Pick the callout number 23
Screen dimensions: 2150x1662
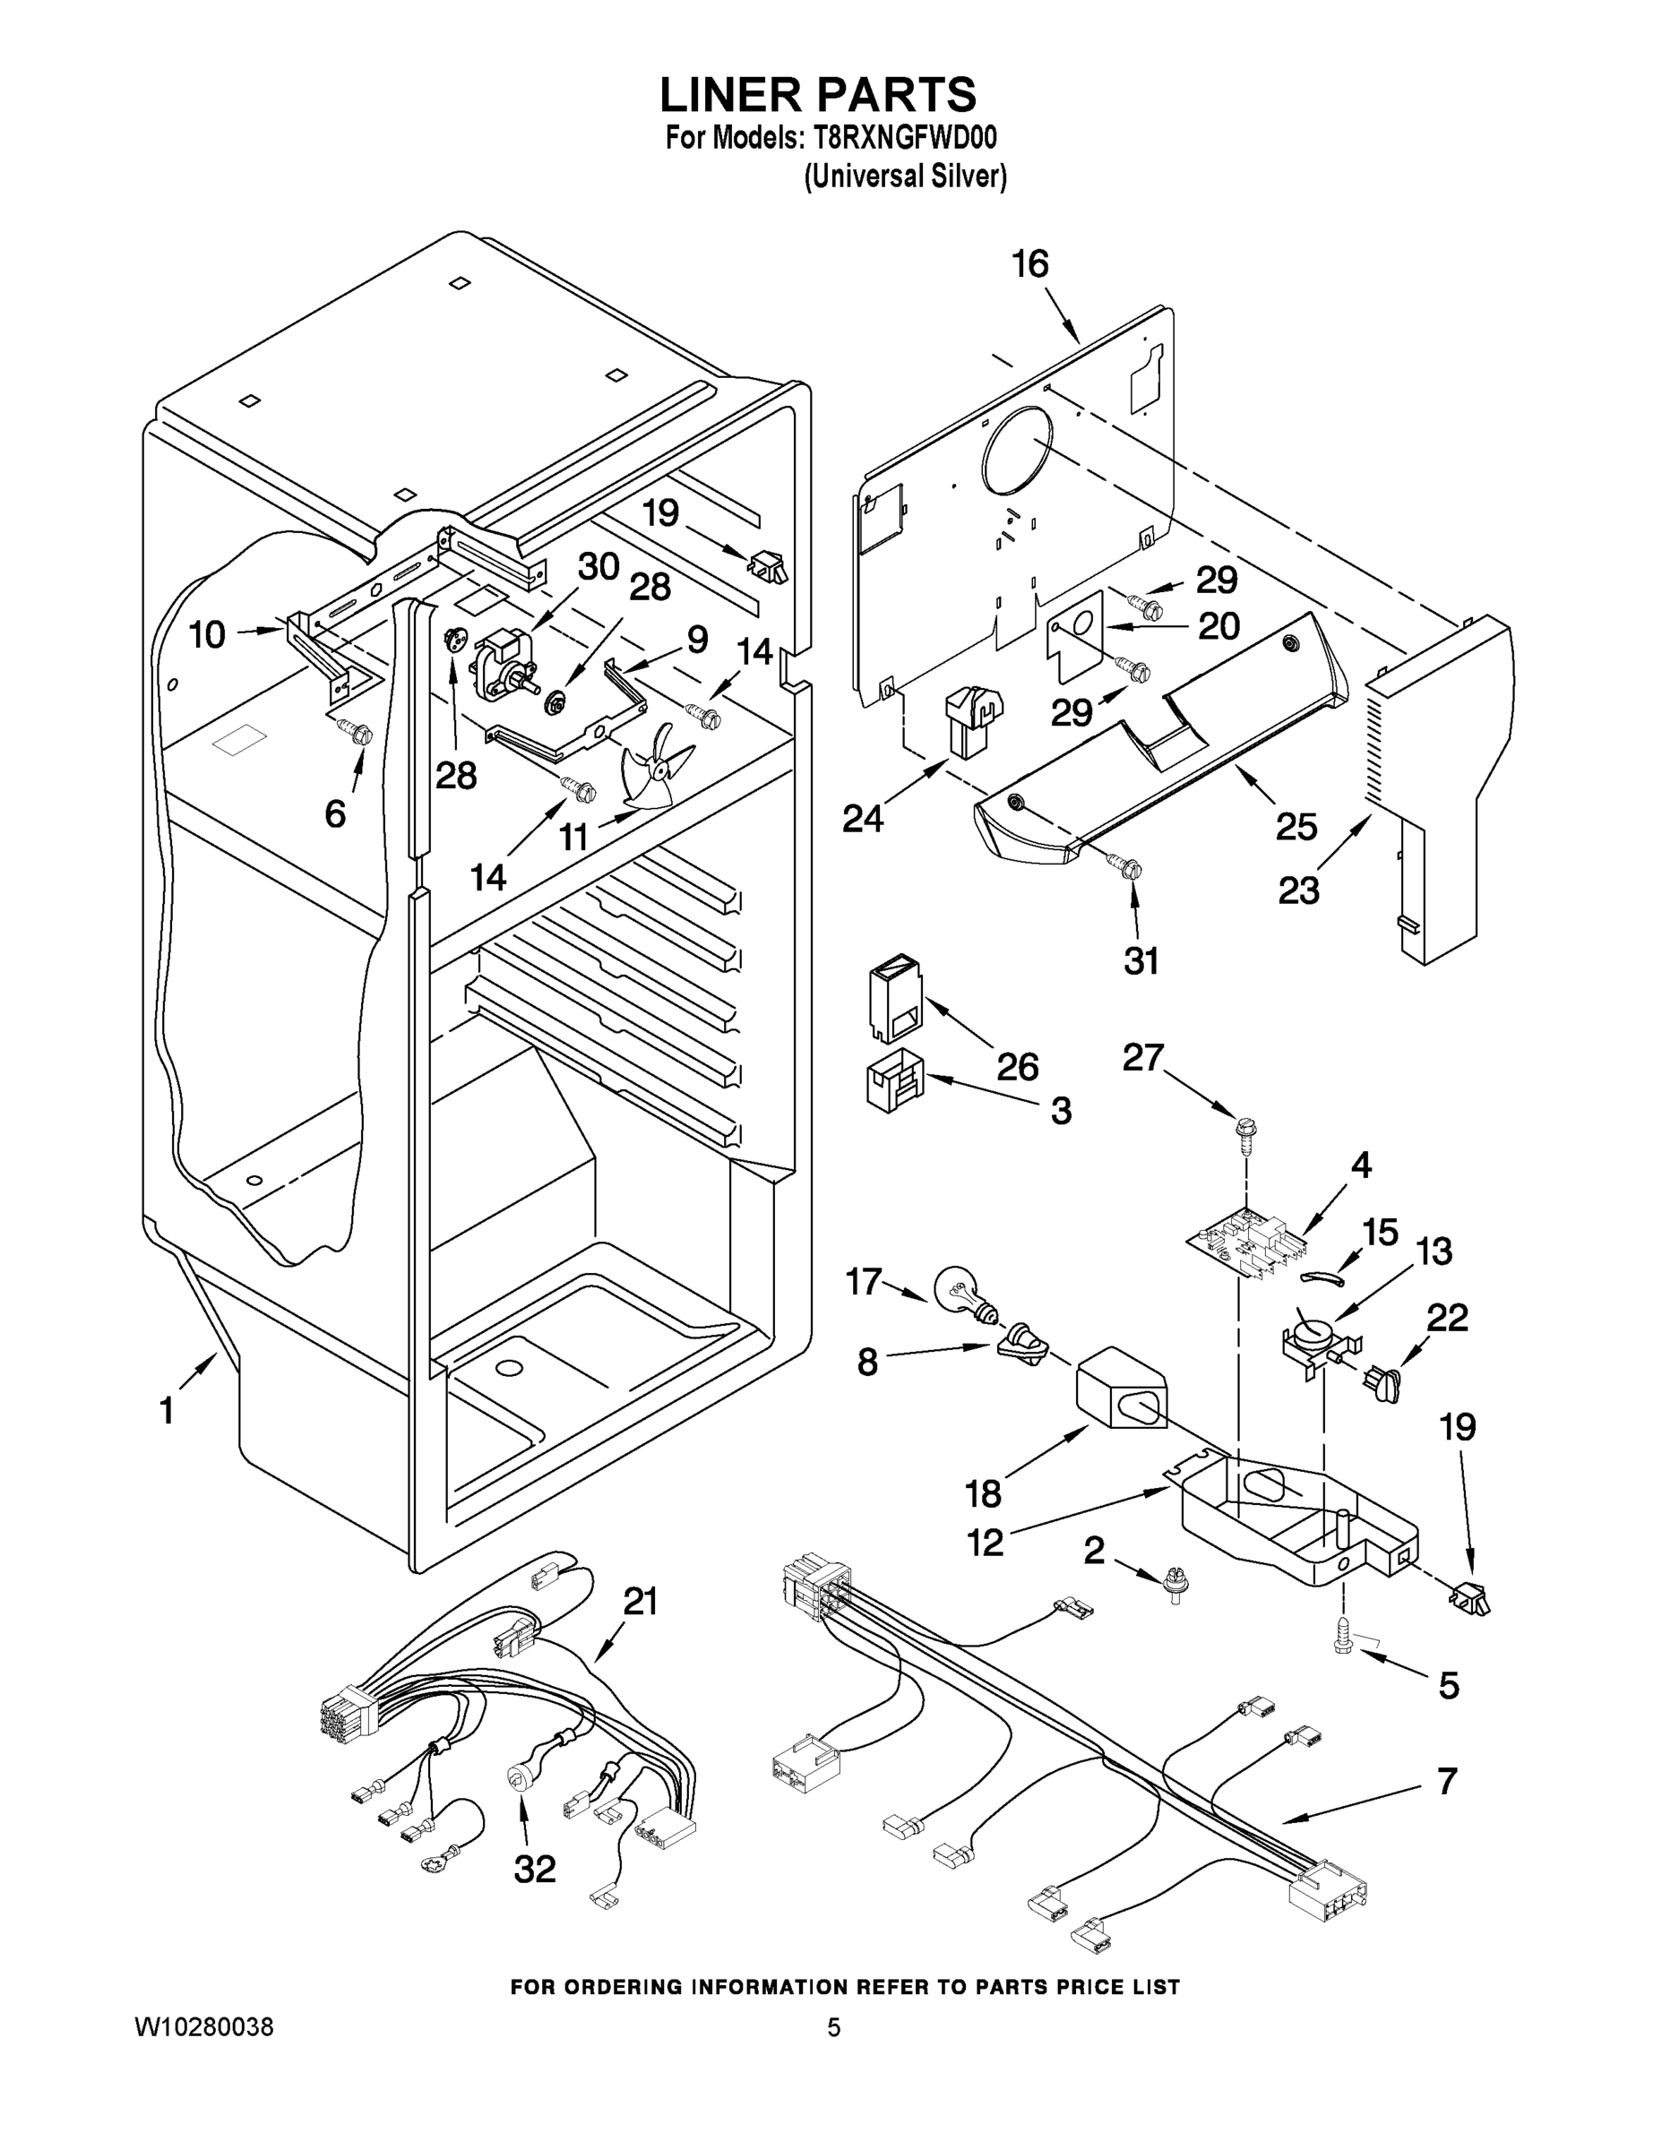[x=1298, y=890]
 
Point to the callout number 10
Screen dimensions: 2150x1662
[x=207, y=635]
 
